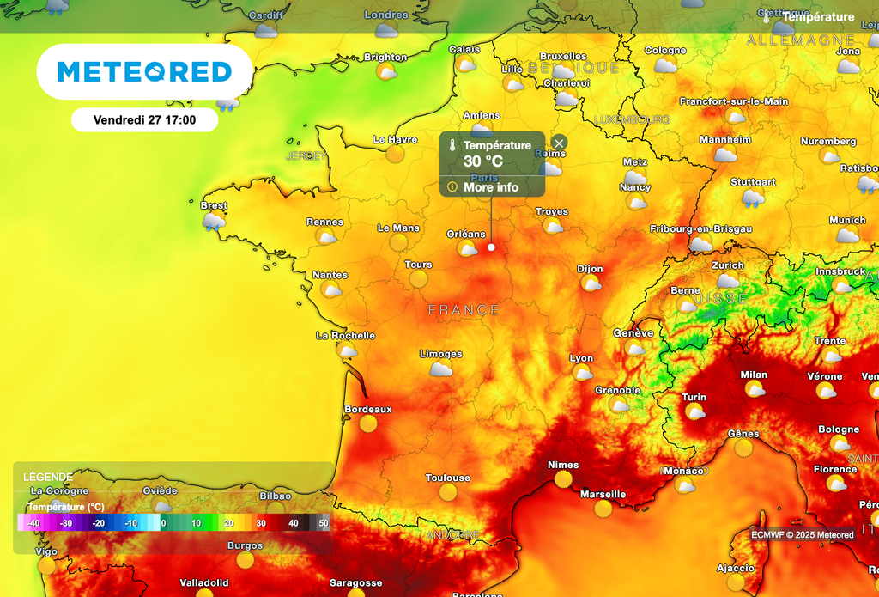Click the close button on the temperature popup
(x=559, y=143)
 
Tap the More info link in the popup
(x=491, y=187)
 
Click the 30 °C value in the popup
(x=483, y=161)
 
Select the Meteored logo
(x=144, y=72)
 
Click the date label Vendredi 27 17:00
(x=144, y=120)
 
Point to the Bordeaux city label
(x=367, y=410)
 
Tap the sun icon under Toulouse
(x=448, y=492)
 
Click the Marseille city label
(x=603, y=495)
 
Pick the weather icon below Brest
(x=213, y=222)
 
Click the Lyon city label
(x=581, y=358)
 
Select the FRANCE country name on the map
(x=464, y=309)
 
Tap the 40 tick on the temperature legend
(x=293, y=522)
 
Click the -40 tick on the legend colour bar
(x=33, y=522)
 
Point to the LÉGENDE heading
(x=47, y=477)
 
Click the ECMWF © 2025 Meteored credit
(x=803, y=535)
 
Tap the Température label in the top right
(x=817, y=17)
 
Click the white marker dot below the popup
(x=492, y=247)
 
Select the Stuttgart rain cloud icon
(x=753, y=199)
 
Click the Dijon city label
(x=590, y=269)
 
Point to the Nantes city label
(x=330, y=275)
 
